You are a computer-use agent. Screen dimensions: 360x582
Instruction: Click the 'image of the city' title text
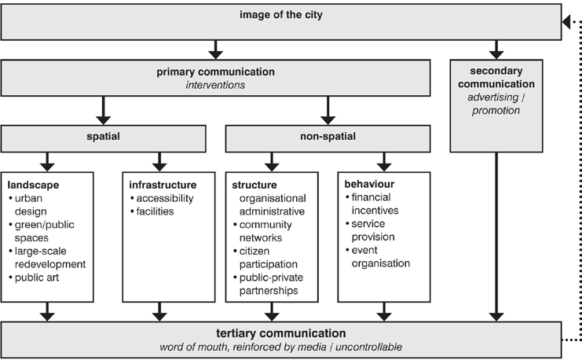pos(282,14)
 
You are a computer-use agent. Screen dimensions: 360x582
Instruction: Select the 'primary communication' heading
pos(216,72)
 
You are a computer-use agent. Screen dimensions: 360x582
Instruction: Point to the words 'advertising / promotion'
pos(494,104)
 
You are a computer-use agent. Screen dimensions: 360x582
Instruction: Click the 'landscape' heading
pos(34,185)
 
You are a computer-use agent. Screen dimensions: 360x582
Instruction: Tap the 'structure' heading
pos(254,185)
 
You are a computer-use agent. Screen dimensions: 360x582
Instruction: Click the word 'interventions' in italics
pos(216,84)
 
